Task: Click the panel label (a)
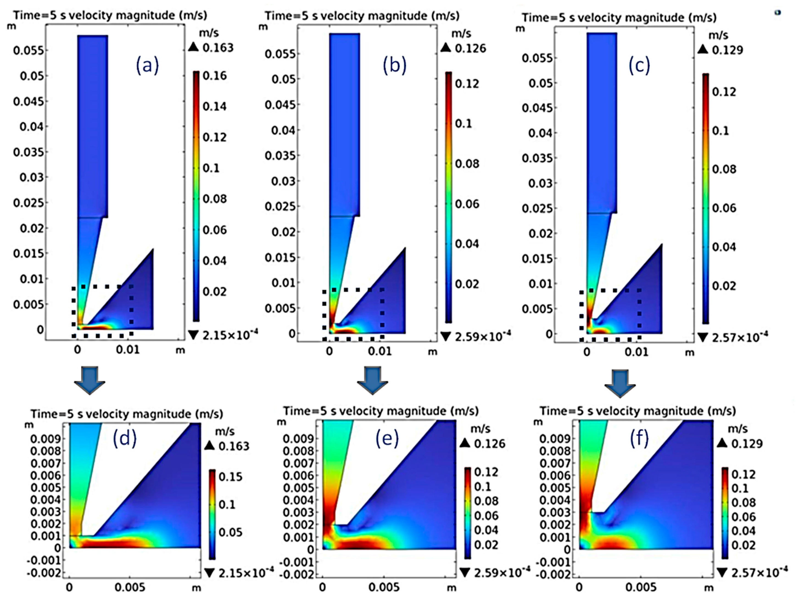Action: pyautogui.click(x=147, y=66)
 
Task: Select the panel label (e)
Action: pyautogui.click(x=387, y=439)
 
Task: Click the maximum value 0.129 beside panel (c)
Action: pyautogui.click(x=727, y=50)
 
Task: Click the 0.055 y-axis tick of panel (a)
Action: pyautogui.click(x=28, y=50)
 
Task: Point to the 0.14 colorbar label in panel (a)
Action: pyautogui.click(x=215, y=106)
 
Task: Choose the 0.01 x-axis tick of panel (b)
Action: pyautogui.click(x=379, y=351)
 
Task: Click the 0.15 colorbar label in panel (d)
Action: pyautogui.click(x=231, y=477)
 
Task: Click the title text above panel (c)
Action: pyautogui.click(x=619, y=17)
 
